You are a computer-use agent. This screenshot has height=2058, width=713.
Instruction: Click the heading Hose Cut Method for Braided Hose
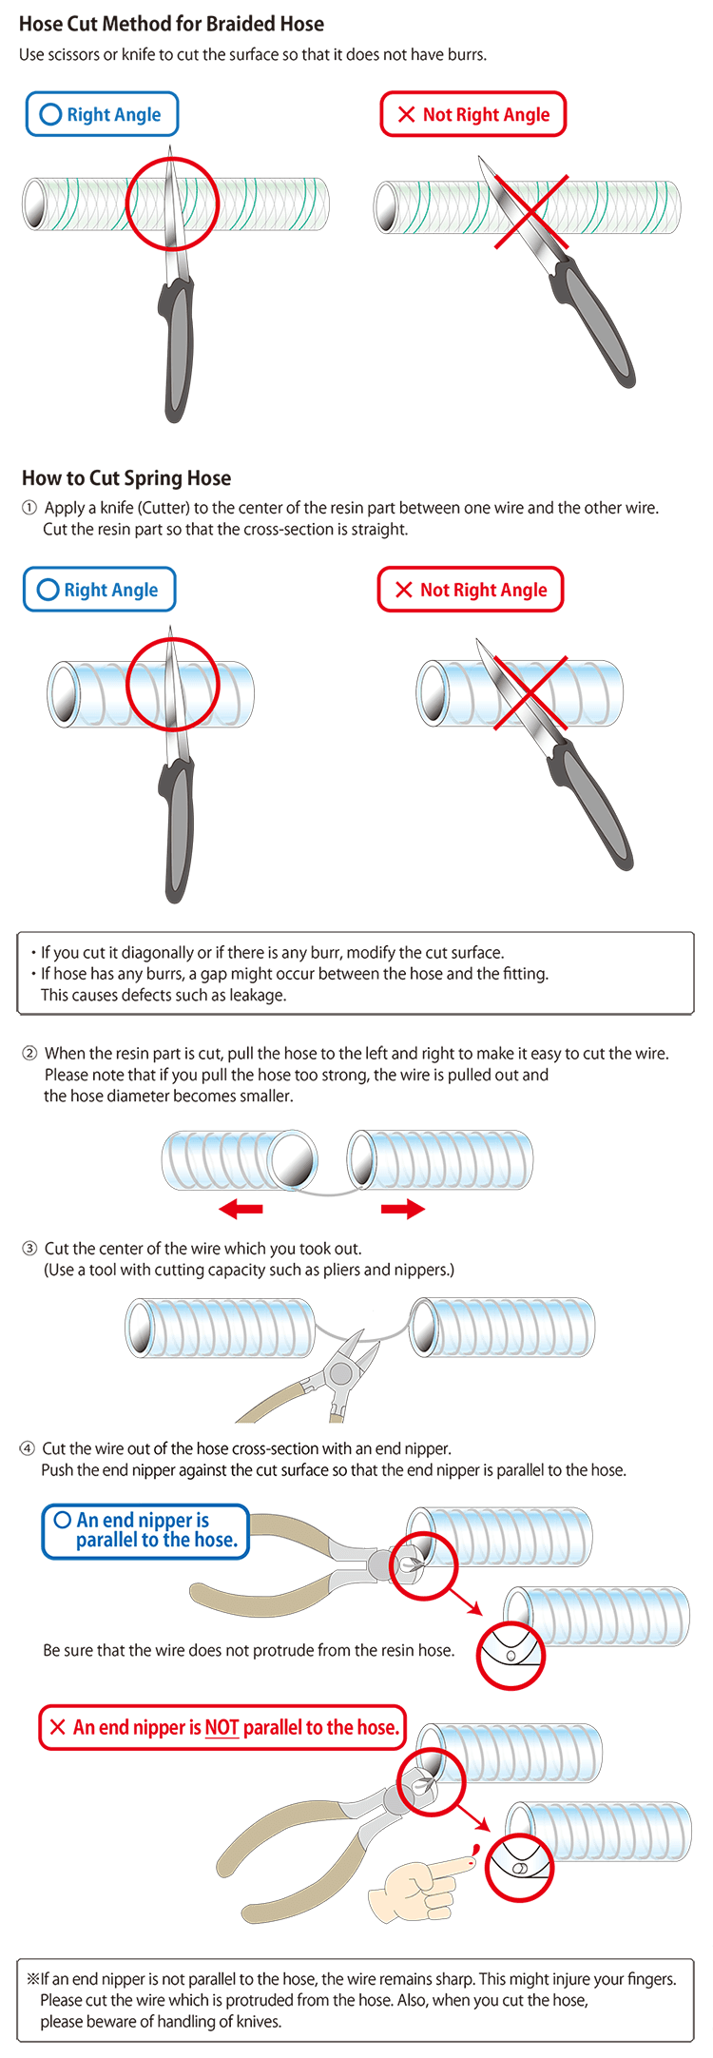point(171,24)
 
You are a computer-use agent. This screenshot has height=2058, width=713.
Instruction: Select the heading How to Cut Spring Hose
point(126,477)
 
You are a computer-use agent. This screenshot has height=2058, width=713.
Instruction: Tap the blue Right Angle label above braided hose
point(102,114)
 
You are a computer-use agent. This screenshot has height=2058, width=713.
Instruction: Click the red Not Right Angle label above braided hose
point(472,114)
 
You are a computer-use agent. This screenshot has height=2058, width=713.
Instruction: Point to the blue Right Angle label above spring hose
point(99,590)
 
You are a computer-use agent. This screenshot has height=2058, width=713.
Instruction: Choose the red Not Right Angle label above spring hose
point(471,590)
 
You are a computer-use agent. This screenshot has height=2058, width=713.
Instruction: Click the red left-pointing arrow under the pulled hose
point(241,1209)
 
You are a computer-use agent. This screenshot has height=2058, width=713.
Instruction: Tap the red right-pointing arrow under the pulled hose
point(403,1209)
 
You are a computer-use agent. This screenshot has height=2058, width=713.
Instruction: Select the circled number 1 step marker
point(29,508)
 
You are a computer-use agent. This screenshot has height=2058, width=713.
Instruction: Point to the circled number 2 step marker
point(29,1053)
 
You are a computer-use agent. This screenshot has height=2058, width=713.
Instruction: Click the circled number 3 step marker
point(29,1248)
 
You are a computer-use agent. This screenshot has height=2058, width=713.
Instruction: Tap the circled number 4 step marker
point(28,1448)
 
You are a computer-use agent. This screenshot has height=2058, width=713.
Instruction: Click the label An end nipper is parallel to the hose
point(145,1530)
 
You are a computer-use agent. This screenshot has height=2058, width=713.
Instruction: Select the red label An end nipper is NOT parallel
point(222,1727)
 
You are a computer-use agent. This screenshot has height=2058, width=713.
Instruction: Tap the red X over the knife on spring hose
point(530,693)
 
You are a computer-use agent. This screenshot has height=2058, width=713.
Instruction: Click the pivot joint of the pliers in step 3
point(338,1373)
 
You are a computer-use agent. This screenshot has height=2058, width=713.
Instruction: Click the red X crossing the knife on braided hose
point(530,212)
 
